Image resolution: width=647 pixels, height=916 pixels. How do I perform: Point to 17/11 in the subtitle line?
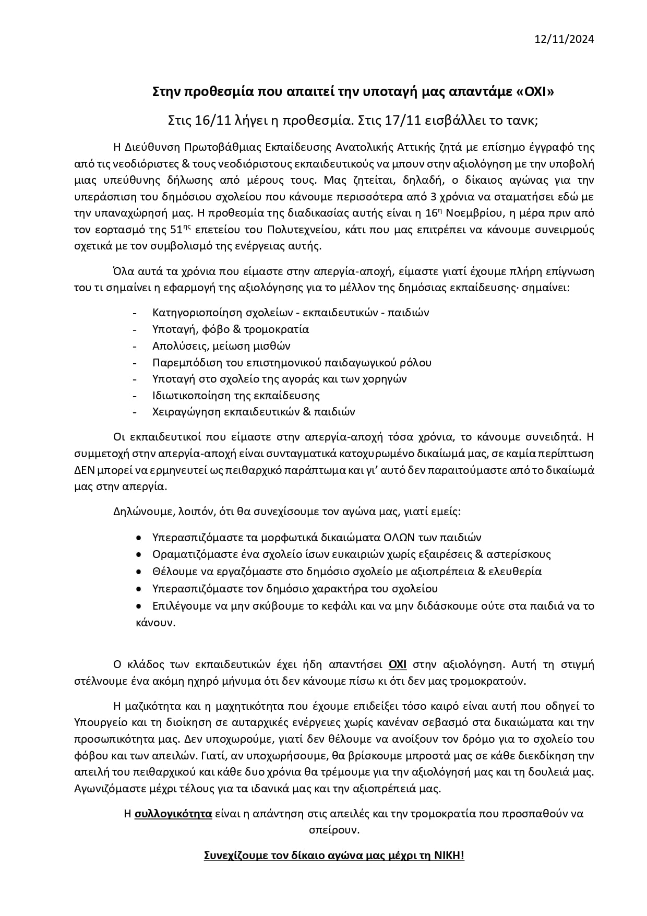(377, 120)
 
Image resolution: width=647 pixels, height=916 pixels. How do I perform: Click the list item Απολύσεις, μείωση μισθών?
(221, 346)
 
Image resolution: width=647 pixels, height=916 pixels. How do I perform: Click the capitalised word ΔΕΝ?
(87, 470)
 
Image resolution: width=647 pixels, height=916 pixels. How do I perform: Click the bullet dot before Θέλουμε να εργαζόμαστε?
(139, 572)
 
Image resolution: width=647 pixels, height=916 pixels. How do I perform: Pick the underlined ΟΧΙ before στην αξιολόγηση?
(398, 665)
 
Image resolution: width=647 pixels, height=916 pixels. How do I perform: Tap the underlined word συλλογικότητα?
(173, 814)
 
